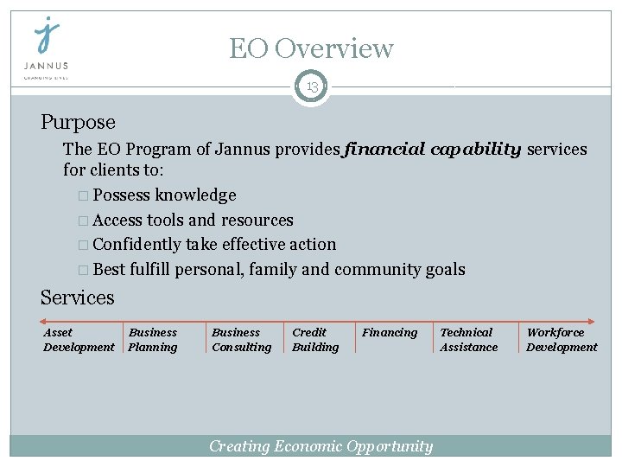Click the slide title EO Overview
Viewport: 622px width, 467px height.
pos(311,48)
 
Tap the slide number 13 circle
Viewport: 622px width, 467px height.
pos(311,86)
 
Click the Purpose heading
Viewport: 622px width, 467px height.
pos(78,122)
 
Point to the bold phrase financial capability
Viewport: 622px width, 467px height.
pos(432,150)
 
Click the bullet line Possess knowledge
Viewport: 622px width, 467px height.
pos(164,195)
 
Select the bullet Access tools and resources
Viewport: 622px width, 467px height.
pos(193,220)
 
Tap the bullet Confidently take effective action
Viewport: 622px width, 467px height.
pos(214,244)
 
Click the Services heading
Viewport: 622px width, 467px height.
pos(77,297)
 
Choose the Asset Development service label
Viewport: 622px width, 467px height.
pos(78,340)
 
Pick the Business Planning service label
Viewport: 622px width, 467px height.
pos(153,340)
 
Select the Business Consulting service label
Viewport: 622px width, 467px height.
pos(241,340)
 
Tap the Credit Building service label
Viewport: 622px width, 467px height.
pos(315,340)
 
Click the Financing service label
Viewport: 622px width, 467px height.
pos(390,332)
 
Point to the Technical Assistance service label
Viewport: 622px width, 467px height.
pos(469,340)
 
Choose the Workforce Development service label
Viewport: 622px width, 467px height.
pos(562,340)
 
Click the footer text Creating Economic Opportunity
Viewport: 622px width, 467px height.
pos(321,446)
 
